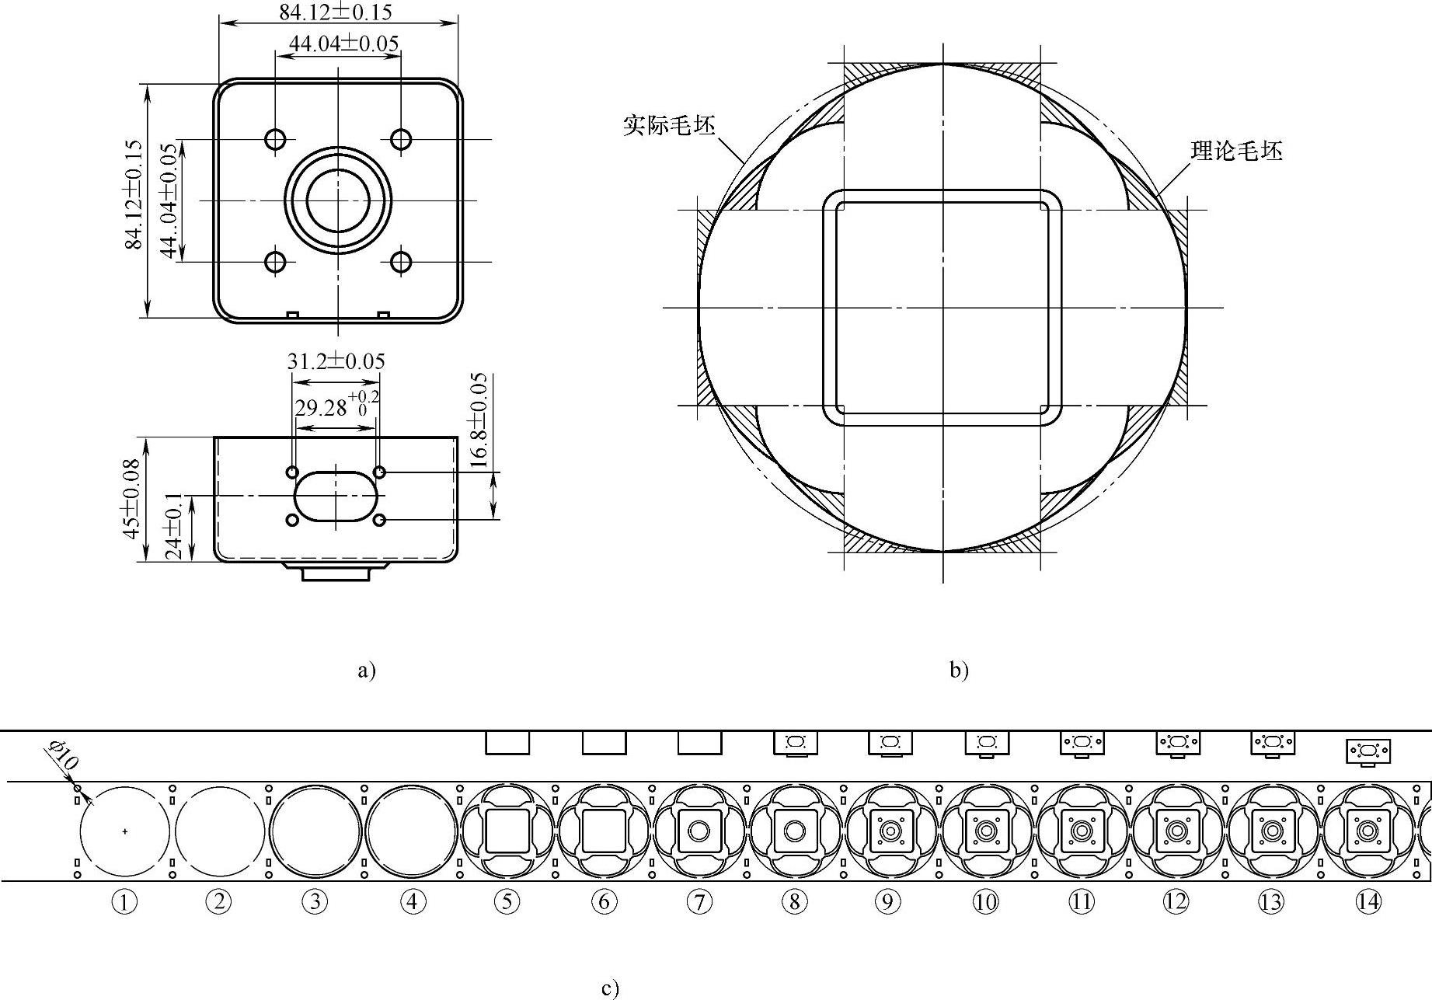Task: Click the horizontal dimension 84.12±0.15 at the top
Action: click(336, 12)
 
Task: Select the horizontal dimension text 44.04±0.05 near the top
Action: click(343, 44)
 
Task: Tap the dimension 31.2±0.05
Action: click(336, 361)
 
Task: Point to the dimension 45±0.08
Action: click(131, 499)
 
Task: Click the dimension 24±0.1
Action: click(173, 525)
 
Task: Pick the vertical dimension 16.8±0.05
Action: click(479, 420)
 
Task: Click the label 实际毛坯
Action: click(669, 125)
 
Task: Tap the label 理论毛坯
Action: click(1237, 151)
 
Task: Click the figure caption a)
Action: click(366, 670)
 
